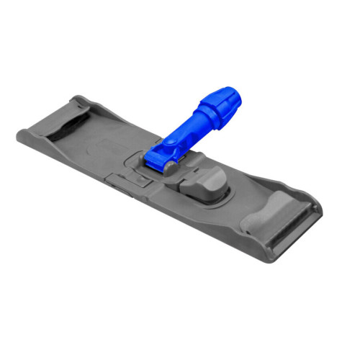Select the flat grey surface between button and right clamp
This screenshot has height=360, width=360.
[x=238, y=191]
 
